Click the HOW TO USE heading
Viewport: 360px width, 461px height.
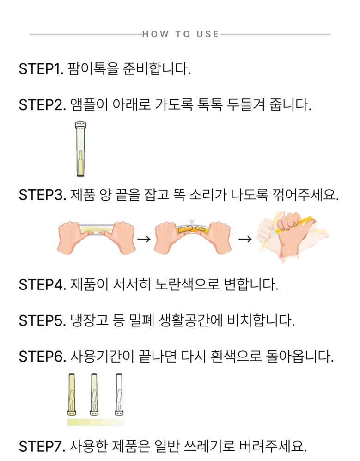(x=180, y=34)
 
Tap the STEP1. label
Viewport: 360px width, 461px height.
(x=41, y=69)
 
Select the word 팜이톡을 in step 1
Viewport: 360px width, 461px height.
(x=93, y=69)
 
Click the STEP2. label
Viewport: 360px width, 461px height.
(x=43, y=105)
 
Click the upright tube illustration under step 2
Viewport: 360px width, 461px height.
(x=80, y=149)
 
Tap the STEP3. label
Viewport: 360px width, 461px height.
(x=43, y=195)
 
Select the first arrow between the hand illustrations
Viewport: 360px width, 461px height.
(x=144, y=239)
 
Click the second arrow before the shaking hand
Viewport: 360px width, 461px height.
(x=245, y=239)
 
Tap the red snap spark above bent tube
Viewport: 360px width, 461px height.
(x=192, y=221)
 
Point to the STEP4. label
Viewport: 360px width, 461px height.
(x=43, y=284)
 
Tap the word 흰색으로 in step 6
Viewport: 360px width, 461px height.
(x=236, y=357)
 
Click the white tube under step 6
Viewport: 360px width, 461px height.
(x=119, y=394)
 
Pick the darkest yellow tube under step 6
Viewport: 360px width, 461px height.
(x=72, y=394)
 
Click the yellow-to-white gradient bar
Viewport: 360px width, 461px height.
(x=95, y=423)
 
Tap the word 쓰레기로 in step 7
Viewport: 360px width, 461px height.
(x=209, y=446)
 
